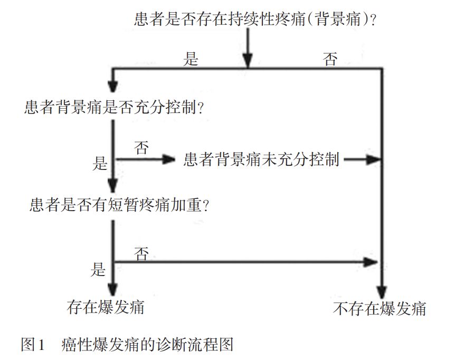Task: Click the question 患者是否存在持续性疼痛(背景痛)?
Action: pos(258,21)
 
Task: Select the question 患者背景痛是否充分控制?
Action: pos(114,108)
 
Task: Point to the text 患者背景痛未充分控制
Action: pos(261,159)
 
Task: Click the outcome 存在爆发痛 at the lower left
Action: pos(106,307)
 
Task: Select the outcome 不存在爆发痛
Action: pos(380,308)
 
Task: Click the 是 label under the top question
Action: pos(191,59)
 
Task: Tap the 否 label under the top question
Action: pos(330,59)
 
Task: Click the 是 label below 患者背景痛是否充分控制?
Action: pos(100,164)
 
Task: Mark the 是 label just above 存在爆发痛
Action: pos(98,271)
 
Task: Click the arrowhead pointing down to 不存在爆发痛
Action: pos(381,293)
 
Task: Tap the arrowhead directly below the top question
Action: pos(249,63)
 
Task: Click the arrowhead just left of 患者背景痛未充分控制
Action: pos(169,159)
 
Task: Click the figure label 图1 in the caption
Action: pos(34,345)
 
